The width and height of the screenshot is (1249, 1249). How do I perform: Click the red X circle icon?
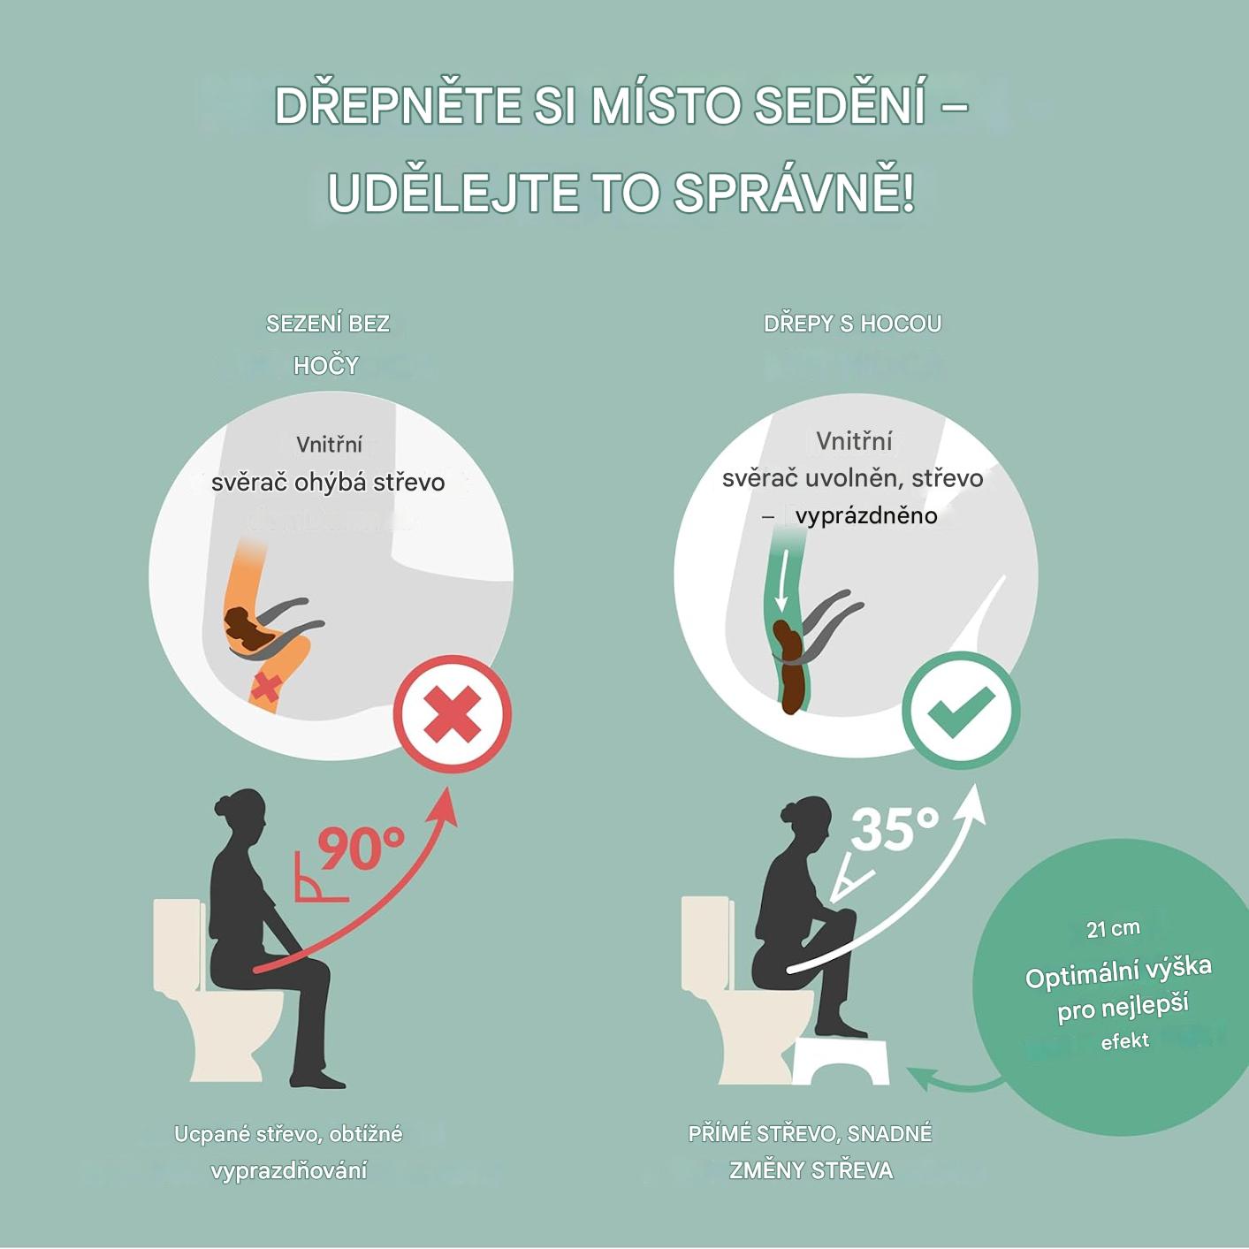453,714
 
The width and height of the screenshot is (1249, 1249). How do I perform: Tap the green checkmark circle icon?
961,712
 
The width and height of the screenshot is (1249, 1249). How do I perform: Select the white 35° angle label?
895,827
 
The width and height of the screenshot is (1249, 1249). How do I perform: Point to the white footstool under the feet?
842,1061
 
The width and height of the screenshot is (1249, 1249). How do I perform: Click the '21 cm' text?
1113,929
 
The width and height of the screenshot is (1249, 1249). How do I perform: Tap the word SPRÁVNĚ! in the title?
794,193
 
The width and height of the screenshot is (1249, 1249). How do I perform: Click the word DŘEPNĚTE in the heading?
398,106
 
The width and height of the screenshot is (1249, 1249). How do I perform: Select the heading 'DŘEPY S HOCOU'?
852,324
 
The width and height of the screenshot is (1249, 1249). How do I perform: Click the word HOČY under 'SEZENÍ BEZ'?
326,366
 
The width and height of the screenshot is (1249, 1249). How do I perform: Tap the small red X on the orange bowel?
264,688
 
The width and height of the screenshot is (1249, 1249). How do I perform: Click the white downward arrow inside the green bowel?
783,582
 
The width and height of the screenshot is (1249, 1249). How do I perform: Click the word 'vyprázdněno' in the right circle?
866,516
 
